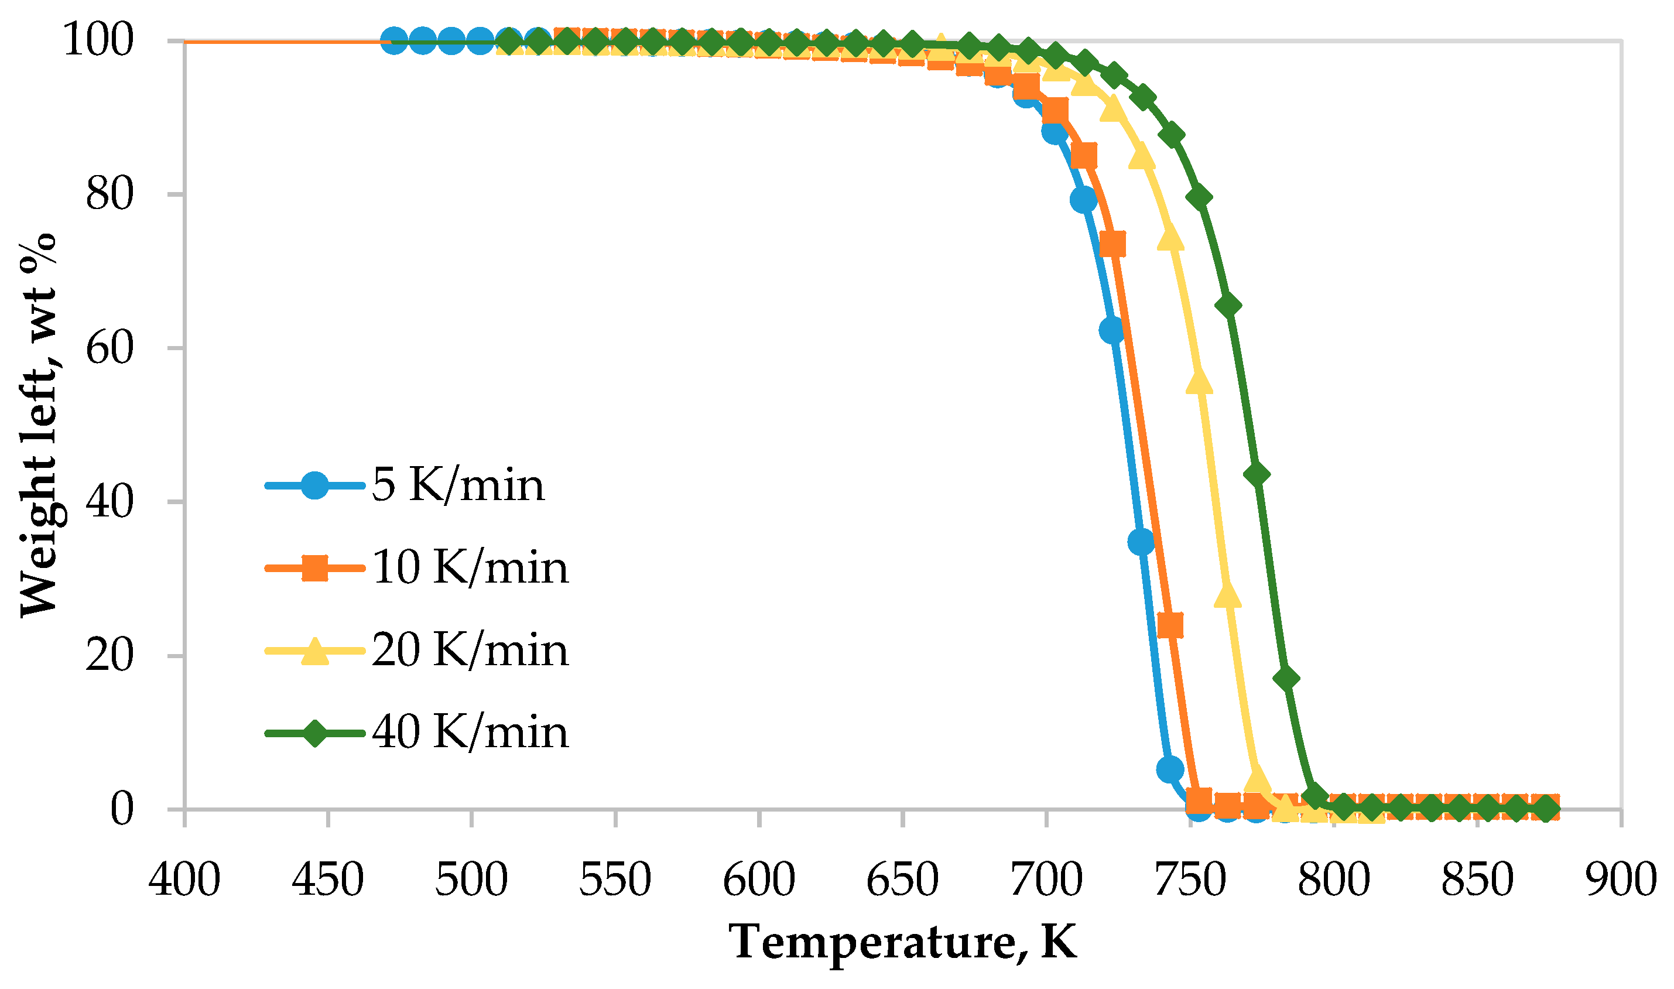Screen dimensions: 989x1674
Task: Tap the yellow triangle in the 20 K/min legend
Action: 315,651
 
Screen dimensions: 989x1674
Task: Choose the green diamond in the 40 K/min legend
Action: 315,734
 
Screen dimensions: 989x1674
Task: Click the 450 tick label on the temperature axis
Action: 328,880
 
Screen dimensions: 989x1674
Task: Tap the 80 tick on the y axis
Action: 110,194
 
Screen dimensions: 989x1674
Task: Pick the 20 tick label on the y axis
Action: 110,656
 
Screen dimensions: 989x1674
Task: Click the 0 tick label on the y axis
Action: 122,810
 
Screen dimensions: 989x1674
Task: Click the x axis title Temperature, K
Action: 903,943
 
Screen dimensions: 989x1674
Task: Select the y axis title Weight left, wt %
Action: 39,425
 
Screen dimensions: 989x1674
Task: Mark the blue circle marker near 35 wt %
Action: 1141,542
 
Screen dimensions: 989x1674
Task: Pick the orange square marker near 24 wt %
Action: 1170,626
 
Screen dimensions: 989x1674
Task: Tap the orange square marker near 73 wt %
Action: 1113,245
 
